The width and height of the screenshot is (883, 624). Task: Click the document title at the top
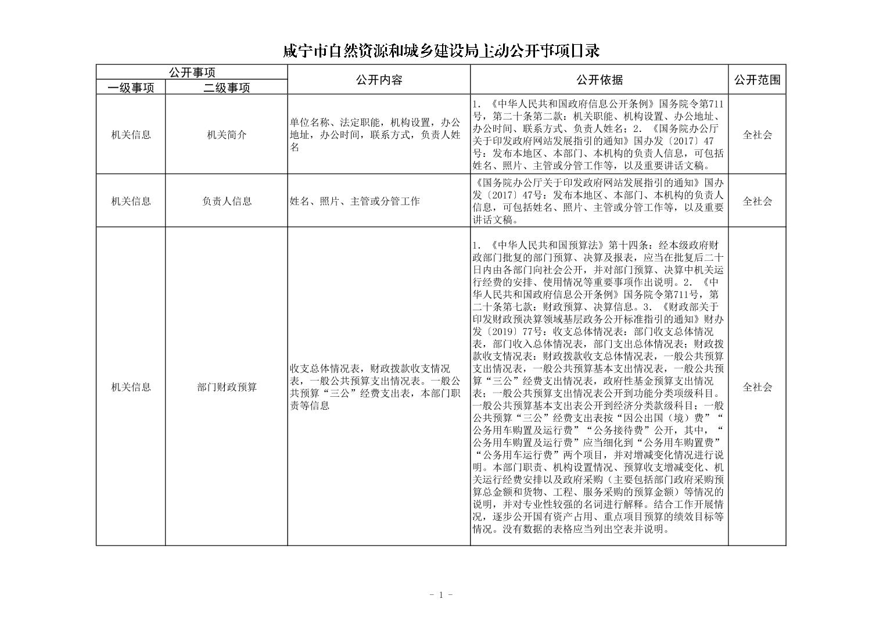point(441,51)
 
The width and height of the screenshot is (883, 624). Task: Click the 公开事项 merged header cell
point(192,73)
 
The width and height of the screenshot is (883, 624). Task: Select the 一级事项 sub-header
point(131,88)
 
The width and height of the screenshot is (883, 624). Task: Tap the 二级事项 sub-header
point(227,88)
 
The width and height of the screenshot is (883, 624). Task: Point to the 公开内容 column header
point(379,80)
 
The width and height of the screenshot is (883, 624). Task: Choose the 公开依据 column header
point(599,80)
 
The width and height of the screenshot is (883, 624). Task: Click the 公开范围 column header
point(757,80)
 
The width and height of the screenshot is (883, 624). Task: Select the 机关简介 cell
point(227,135)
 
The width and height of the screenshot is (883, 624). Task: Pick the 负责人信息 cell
point(227,201)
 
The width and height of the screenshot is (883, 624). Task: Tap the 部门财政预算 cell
point(227,387)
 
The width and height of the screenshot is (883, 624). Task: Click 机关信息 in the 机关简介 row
point(131,135)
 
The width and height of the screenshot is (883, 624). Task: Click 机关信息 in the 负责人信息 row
point(131,201)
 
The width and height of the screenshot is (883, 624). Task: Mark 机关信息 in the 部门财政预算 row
point(131,387)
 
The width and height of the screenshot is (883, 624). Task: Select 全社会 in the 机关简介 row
point(757,135)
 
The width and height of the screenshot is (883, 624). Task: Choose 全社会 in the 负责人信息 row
point(757,201)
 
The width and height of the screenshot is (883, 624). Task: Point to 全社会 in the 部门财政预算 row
point(757,387)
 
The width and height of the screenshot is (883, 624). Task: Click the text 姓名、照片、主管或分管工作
point(354,202)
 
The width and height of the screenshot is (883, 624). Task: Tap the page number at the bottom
point(441,594)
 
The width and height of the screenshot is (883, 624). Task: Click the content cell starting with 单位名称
point(375,135)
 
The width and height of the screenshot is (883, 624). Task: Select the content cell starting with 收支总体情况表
point(375,387)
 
